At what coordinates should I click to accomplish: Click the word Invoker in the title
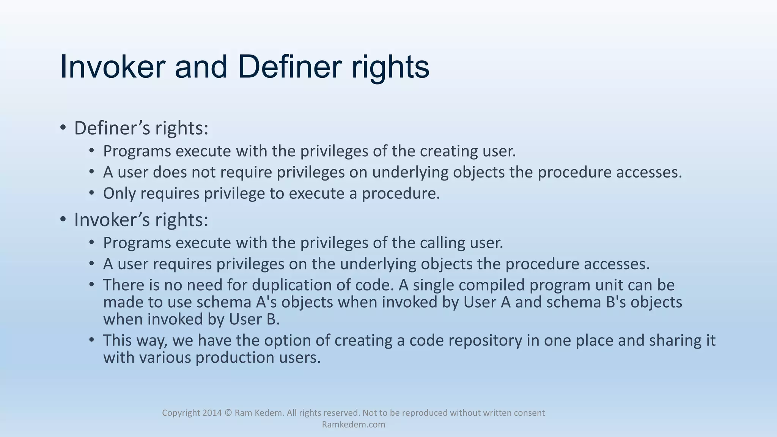click(113, 67)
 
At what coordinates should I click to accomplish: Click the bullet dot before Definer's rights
click(63, 127)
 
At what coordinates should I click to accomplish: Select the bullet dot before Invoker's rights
click(63, 219)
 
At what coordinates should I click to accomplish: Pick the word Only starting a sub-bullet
click(119, 193)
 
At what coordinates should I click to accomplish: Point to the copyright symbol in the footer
click(228, 413)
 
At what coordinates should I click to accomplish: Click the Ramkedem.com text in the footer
click(353, 424)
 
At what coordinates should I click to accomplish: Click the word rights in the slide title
click(390, 67)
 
